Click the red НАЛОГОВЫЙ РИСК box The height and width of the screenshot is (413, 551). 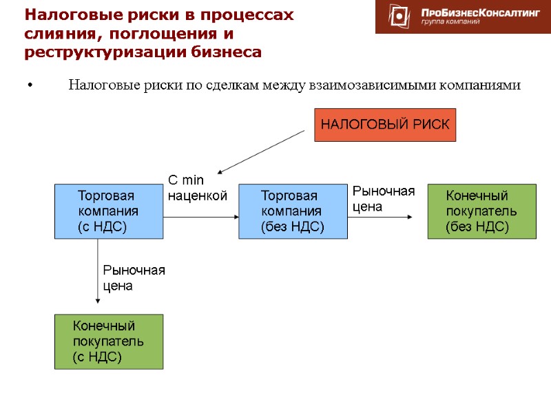click(x=385, y=125)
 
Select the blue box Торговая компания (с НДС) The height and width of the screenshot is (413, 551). click(x=109, y=211)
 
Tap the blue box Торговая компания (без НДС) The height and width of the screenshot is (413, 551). click(x=293, y=211)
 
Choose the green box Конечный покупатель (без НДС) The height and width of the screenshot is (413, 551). click(x=481, y=211)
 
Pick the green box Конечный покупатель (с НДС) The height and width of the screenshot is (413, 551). click(x=109, y=341)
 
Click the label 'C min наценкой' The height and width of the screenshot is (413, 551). click(x=196, y=188)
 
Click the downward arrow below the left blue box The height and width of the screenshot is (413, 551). click(x=98, y=275)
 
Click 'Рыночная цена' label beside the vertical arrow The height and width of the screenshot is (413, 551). click(x=134, y=277)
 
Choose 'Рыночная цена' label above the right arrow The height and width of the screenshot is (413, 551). click(x=384, y=198)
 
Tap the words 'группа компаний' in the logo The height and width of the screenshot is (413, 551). click(x=450, y=22)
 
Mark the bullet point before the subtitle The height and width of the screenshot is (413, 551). click(x=30, y=86)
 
